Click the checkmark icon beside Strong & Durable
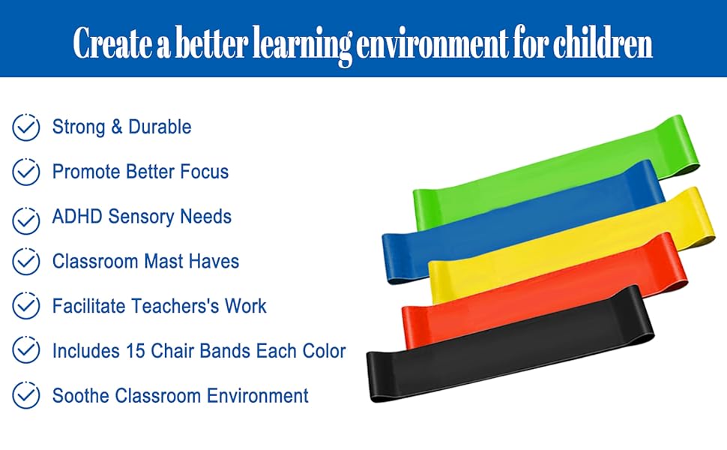(26, 127)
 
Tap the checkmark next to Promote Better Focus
(26, 172)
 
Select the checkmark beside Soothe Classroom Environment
(26, 395)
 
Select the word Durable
(160, 127)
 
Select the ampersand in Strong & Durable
(116, 127)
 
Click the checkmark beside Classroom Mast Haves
(26, 262)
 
